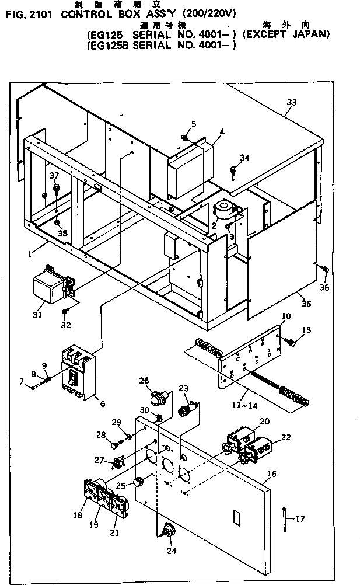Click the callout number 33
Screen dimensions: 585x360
291,103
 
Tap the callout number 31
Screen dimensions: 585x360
37,315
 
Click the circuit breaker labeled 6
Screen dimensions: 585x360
77,375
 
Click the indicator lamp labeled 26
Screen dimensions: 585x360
157,399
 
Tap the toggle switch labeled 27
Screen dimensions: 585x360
117,464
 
